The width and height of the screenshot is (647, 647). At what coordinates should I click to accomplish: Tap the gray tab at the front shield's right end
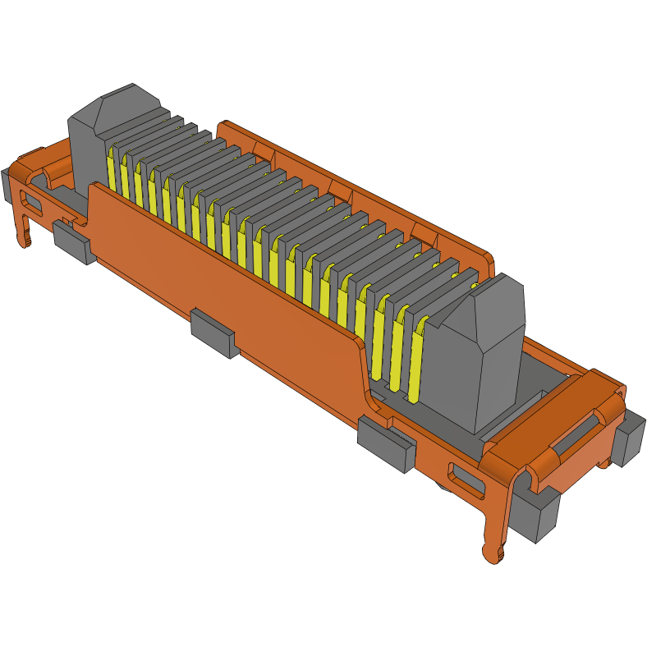coord(385,443)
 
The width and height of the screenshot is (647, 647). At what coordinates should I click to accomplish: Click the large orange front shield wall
coord(230,271)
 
